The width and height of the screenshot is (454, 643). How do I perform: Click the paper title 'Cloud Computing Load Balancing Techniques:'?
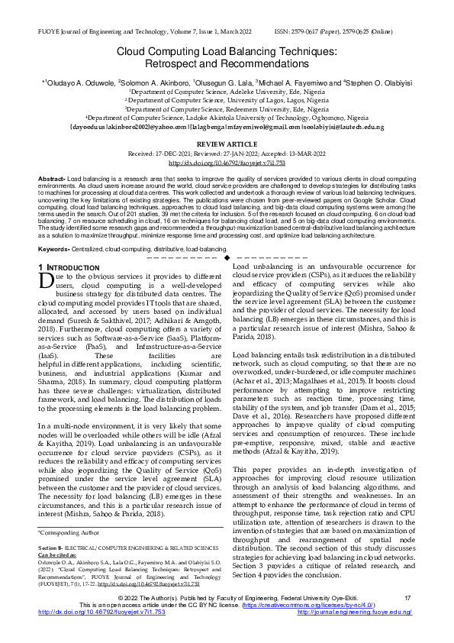point(227,51)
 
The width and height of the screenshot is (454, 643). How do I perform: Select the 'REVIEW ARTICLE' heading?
point(227,144)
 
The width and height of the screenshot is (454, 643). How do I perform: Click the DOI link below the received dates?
point(227,163)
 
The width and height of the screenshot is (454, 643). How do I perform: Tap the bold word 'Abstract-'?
point(51,178)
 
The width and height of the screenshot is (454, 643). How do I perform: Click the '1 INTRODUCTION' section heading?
point(68,267)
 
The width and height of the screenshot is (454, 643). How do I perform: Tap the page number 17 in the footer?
point(407,597)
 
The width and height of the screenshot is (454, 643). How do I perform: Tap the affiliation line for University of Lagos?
point(227,99)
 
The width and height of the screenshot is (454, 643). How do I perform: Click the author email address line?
point(227,125)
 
